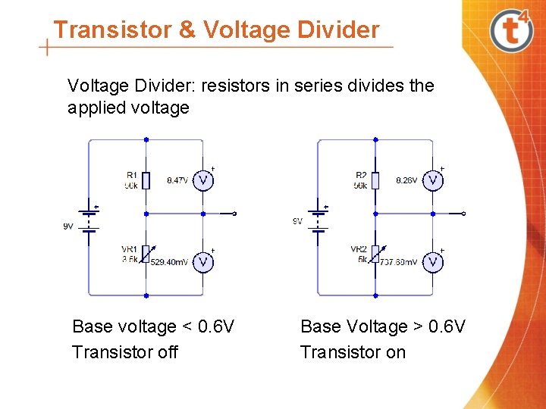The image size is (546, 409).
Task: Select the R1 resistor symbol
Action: [146, 180]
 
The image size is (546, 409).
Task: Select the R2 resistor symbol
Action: [375, 180]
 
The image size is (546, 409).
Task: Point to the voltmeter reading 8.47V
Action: [202, 180]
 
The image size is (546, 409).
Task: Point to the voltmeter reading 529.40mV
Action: [202, 261]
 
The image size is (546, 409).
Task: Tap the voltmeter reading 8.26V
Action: [432, 180]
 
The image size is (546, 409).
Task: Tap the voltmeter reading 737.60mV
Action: [432, 261]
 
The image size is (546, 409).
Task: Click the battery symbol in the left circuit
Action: [89, 219]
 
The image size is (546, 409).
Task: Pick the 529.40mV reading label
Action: [169, 262]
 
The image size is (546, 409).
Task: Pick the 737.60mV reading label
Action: [398, 262]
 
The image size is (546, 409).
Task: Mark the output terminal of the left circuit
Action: [234, 214]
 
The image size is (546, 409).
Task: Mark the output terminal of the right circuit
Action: [464, 214]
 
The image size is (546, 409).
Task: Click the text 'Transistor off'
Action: [125, 352]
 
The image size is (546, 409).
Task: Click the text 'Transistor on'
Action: [353, 352]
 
